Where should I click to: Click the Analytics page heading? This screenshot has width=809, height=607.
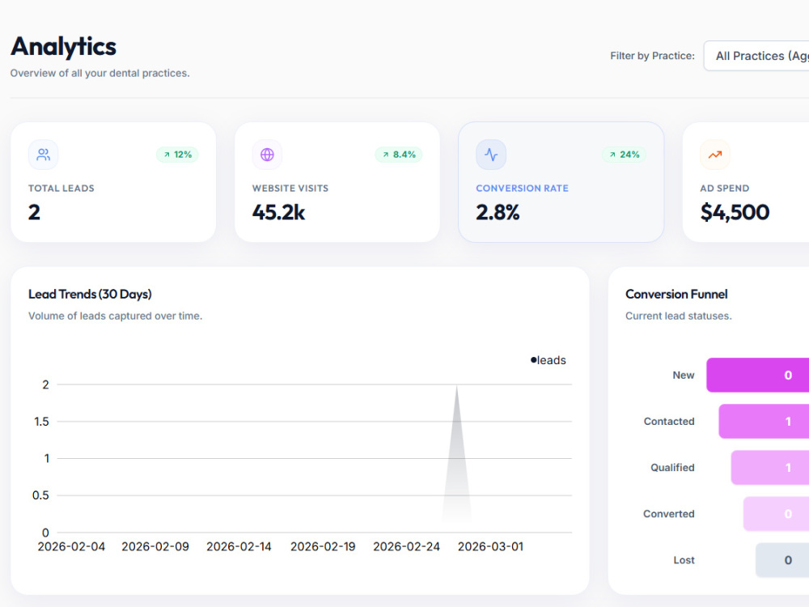click(x=63, y=46)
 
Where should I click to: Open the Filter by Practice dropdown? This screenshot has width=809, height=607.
click(x=756, y=56)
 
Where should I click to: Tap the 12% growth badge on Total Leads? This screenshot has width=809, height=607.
click(x=177, y=155)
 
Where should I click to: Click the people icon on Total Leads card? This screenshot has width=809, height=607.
click(x=44, y=155)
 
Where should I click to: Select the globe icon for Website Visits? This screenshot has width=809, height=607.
click(x=267, y=155)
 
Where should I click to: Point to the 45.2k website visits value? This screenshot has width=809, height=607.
click(x=278, y=212)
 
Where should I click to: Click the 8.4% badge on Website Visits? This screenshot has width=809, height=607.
click(x=399, y=155)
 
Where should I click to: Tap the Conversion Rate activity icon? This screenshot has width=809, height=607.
click(x=491, y=155)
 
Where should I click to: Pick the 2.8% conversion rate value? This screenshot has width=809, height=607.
click(x=498, y=212)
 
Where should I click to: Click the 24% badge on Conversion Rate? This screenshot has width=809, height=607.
click(x=625, y=155)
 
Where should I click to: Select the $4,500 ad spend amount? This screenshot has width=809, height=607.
click(x=735, y=212)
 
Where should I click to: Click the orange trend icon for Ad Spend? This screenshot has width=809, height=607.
click(x=715, y=155)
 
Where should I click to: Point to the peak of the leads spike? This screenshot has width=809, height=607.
click(x=456, y=385)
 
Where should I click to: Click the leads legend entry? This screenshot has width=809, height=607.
click(x=549, y=360)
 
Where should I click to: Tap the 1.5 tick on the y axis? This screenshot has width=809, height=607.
click(x=42, y=422)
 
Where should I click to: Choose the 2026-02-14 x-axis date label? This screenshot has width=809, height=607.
click(x=239, y=546)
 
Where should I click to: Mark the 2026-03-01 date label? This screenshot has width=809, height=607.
click(x=491, y=546)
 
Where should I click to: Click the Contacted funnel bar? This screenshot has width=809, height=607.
click(x=764, y=421)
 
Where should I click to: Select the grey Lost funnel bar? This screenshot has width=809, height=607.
click(x=782, y=560)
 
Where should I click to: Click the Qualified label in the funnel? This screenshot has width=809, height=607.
click(x=672, y=468)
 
